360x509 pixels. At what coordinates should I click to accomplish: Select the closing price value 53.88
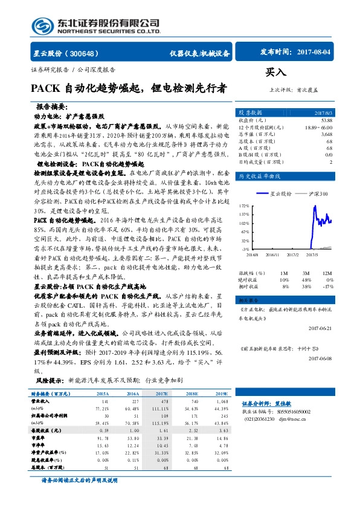click(327, 120)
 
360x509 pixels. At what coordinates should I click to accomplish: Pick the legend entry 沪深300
click(319, 193)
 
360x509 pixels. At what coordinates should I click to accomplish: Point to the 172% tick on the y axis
click(244, 206)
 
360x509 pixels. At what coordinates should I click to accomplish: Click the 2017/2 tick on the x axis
click(293, 254)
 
